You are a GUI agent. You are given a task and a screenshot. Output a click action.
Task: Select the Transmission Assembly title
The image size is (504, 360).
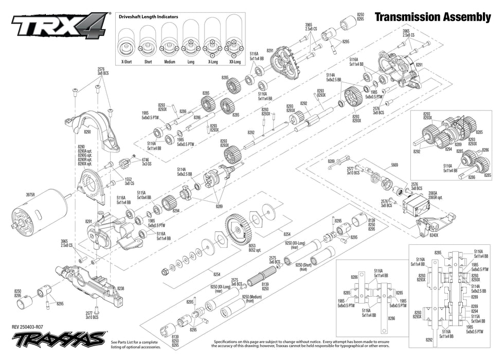433,17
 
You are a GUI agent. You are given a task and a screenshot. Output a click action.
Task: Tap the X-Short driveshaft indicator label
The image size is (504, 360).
126,62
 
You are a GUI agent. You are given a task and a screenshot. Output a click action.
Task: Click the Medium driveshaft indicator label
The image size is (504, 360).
169,62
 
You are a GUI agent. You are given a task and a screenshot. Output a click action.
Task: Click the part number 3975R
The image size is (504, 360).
31,195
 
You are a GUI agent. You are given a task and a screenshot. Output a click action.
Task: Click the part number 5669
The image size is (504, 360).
394,165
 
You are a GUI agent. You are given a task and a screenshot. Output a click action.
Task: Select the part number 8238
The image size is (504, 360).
120,289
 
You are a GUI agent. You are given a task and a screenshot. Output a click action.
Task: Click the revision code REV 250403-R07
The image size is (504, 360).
32,327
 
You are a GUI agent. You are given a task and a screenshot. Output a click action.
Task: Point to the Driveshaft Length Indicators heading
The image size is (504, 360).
149,17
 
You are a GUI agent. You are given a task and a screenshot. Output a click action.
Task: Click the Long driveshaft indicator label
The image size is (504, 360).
191,62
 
